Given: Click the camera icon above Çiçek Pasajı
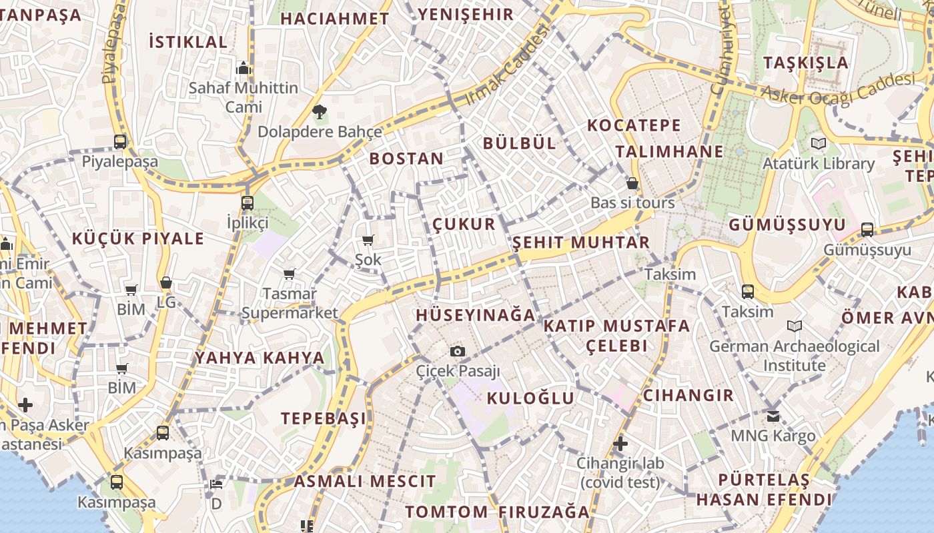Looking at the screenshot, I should (458, 351).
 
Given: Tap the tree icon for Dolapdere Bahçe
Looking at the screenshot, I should (320, 111).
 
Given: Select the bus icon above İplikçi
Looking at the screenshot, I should (248, 203).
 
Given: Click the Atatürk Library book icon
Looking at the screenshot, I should (818, 143).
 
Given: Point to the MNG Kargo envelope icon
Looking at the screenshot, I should (773, 416).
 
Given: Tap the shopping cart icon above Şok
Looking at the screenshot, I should (368, 240).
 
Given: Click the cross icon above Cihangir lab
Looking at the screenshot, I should (620, 443).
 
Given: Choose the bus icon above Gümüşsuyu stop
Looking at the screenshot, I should (867, 230).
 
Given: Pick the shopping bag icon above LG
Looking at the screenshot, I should (166, 282).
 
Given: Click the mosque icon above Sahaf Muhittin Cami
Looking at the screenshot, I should (243, 68).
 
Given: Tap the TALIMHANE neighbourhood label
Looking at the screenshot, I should (669, 152).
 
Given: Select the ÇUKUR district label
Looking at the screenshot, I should (464, 224).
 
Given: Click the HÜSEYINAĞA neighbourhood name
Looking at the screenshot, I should (476, 315).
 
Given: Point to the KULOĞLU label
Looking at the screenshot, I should (530, 398).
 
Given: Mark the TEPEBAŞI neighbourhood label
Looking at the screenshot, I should (324, 418).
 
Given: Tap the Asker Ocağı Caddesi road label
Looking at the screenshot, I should (837, 89).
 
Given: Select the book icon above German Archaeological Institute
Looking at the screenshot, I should (794, 326).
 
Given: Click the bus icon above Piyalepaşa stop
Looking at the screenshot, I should (120, 142).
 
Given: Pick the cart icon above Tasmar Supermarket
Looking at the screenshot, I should (290, 274).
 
